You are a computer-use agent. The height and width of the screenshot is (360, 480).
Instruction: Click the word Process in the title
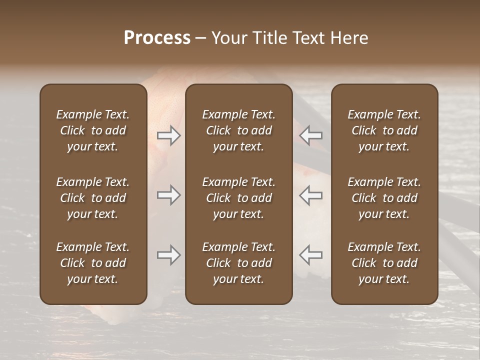pyautogui.click(x=157, y=38)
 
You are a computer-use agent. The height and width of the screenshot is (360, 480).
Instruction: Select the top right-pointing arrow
pyautogui.click(x=169, y=135)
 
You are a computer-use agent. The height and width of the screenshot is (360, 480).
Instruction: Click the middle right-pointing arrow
pyautogui.click(x=169, y=195)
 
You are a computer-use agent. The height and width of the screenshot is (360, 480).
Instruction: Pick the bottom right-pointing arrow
pyautogui.click(x=169, y=255)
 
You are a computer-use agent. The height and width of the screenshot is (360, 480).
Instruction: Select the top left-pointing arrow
pyautogui.click(x=310, y=135)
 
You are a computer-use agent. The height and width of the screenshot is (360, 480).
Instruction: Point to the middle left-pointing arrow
pyautogui.click(x=310, y=195)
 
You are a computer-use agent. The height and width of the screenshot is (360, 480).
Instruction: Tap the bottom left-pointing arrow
pyautogui.click(x=310, y=255)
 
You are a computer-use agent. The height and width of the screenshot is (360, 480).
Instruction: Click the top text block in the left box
pyautogui.click(x=93, y=130)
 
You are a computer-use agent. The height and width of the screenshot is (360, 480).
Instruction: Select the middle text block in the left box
pyautogui.click(x=93, y=198)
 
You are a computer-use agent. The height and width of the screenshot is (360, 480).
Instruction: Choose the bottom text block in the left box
pyautogui.click(x=93, y=263)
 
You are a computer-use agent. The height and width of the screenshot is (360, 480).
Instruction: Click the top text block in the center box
pyautogui.click(x=238, y=130)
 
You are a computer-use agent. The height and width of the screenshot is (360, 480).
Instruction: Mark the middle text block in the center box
pyautogui.click(x=238, y=198)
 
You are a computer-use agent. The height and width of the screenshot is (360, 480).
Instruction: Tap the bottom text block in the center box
pyautogui.click(x=238, y=263)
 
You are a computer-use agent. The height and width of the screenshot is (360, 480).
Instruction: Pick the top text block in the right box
pyautogui.click(x=384, y=130)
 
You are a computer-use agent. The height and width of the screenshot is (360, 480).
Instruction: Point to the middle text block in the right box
pyautogui.click(x=384, y=198)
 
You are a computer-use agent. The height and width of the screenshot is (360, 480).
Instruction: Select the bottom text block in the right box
pyautogui.click(x=384, y=263)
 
